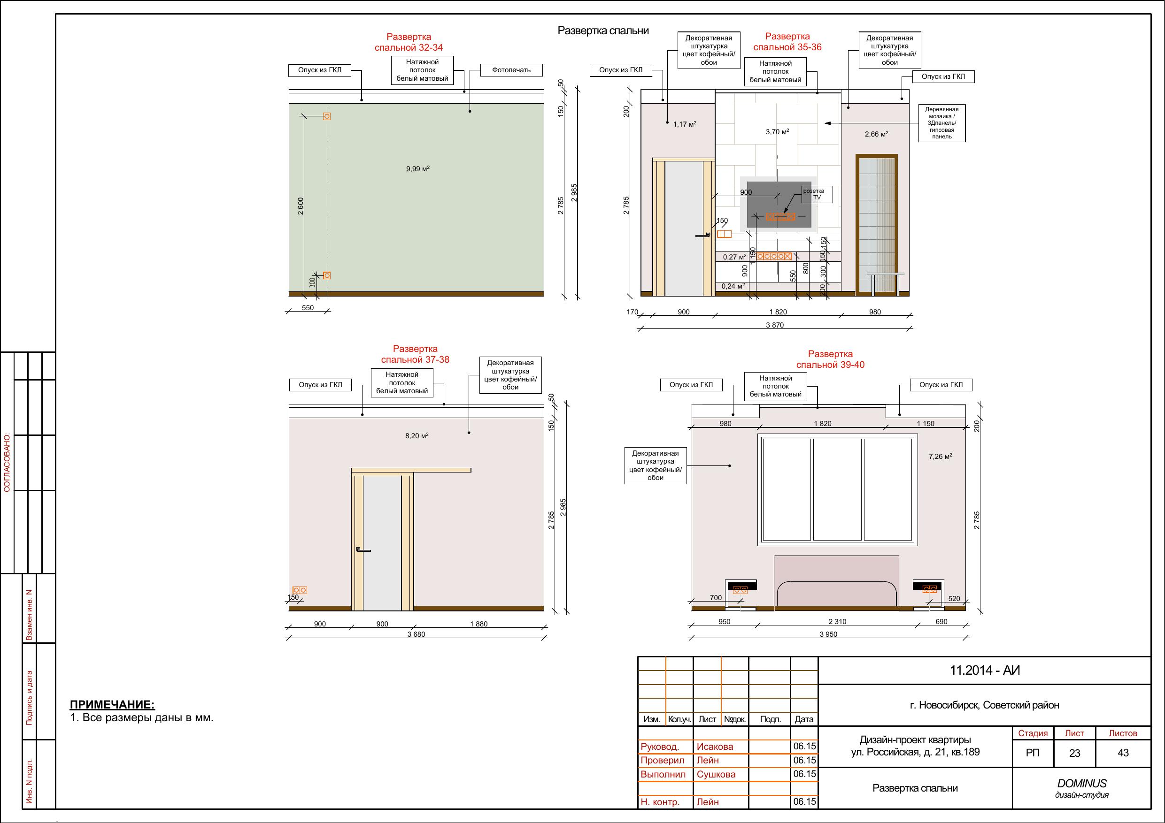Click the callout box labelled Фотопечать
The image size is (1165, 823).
pos(511,70)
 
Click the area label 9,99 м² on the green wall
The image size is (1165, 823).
pos(417,169)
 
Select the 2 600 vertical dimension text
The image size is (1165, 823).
pos(301,206)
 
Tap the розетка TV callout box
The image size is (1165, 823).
pos(817,194)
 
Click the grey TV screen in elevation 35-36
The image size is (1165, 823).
pos(779,205)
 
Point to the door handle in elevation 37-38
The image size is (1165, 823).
pos(363,549)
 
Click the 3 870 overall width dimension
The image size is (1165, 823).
pos(775,325)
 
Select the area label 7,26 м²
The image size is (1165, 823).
pos(940,457)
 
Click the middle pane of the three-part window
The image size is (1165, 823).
pos(837,489)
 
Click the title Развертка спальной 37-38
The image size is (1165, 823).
pos(415,354)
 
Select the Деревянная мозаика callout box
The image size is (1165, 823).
pos(942,123)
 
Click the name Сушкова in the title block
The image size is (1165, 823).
pos(716,774)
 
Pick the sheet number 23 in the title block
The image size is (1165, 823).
pos(1075,753)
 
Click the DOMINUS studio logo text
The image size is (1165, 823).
pos(1082,784)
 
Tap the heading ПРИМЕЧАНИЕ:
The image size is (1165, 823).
pos(112,704)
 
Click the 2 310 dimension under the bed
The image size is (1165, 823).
pos(837,622)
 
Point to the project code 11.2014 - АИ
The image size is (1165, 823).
pos(985,671)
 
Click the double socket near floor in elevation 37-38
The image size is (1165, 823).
pos(300,590)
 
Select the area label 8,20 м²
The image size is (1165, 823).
pos(417,435)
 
